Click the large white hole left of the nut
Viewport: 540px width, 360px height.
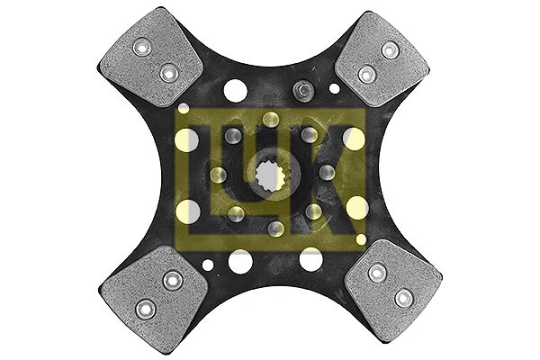pos(238,90)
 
